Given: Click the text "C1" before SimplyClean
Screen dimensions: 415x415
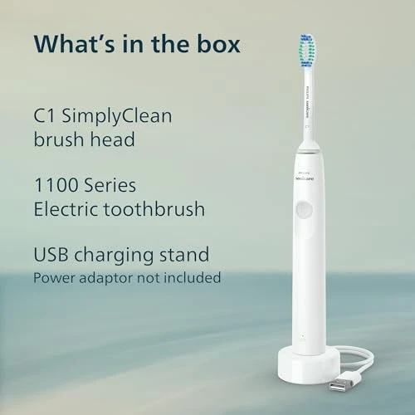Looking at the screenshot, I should coord(45,116).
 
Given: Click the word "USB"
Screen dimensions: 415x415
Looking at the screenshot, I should coord(52,255).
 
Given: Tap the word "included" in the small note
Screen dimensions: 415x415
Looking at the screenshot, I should coord(192,277).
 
